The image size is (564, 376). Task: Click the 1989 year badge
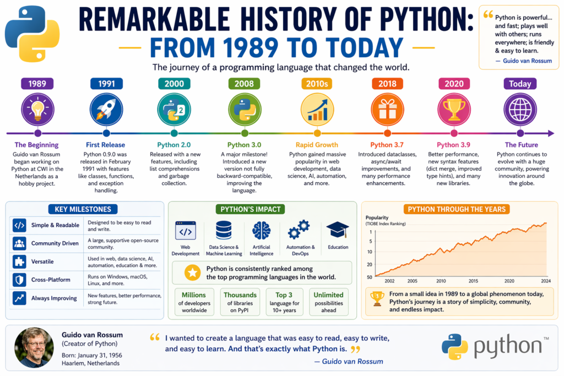[37, 84]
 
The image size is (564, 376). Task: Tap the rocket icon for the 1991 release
[106, 108]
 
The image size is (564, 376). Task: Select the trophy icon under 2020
[454, 108]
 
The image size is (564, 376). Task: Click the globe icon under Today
[520, 108]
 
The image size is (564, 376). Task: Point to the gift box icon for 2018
[387, 108]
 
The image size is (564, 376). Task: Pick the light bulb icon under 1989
[37, 108]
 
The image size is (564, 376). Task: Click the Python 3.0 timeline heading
[243, 145]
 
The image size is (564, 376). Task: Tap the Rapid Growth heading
[318, 145]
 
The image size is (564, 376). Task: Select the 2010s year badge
[317, 84]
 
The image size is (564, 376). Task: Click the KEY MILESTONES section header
[83, 209]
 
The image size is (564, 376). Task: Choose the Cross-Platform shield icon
[19, 280]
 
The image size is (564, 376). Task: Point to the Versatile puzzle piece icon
[19, 261]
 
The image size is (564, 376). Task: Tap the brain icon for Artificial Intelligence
[261, 230]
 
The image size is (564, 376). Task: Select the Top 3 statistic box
[284, 302]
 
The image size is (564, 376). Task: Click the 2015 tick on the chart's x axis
[473, 280]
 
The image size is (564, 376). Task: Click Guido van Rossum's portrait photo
[34, 347]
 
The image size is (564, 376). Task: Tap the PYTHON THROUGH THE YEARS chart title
[456, 209]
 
